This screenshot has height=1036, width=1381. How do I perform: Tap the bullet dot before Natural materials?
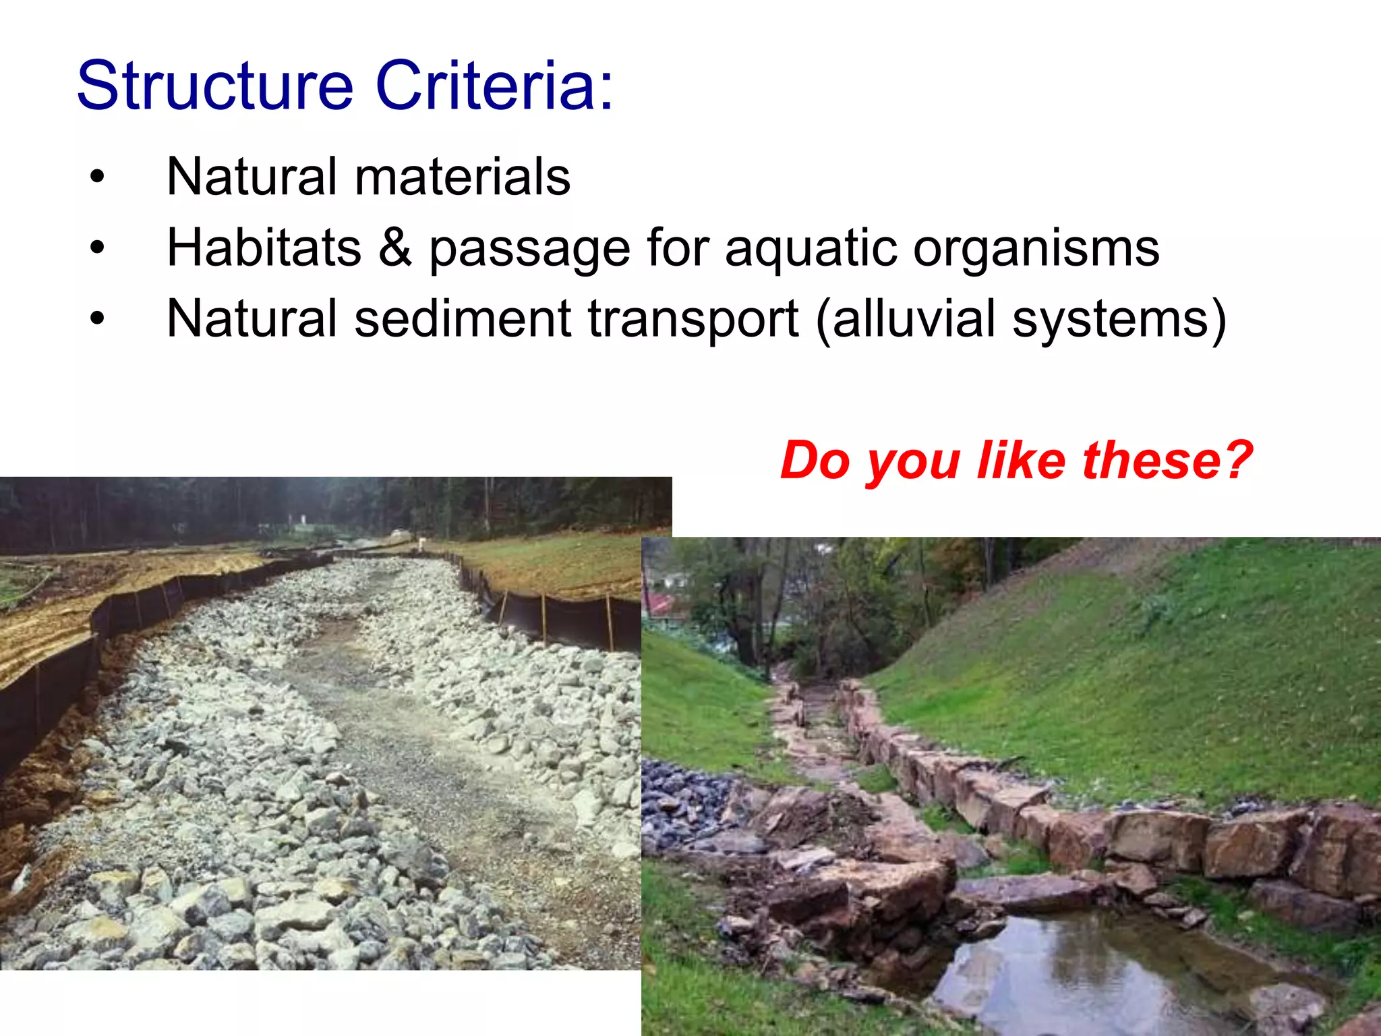(x=98, y=177)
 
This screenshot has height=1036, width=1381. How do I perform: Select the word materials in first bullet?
(x=463, y=177)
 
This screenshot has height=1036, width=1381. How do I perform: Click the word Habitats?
(x=264, y=248)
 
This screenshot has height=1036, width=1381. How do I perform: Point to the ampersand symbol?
(x=395, y=248)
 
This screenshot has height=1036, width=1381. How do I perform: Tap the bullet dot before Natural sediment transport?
(x=98, y=319)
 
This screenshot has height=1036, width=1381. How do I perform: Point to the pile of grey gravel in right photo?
(x=681, y=803)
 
